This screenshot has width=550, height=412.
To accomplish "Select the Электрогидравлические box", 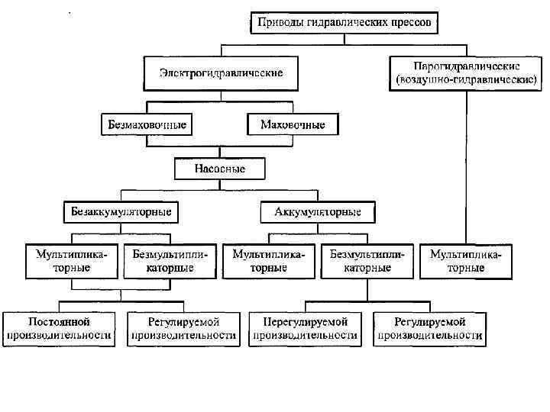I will coord(221,73).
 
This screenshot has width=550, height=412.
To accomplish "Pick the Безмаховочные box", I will coord(145,124).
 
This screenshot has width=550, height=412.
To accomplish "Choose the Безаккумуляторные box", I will coord(121,211).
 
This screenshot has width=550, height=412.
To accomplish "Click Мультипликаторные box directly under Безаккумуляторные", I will coord(72,261).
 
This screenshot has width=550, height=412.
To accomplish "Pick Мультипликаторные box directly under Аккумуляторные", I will coord(269,261).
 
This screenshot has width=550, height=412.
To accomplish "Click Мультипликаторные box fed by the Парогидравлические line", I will coord(467,261).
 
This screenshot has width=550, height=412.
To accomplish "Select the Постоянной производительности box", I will coord(60,328).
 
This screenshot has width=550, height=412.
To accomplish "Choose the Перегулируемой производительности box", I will coord(306,328).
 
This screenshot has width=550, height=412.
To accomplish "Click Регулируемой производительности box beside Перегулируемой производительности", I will coord(429,328).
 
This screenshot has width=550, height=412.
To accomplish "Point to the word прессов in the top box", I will coord(413,24).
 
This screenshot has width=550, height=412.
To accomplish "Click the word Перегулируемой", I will coord(306,322).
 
